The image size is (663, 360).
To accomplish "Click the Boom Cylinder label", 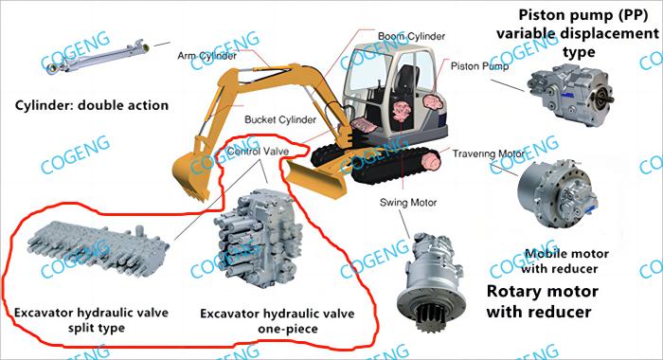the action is pyautogui.click(x=411, y=36).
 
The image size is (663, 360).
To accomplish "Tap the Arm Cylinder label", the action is pyautogui.click(x=206, y=55).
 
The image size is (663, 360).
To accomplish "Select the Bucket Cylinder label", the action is pyautogui.click(x=280, y=119).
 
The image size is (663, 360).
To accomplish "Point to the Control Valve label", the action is pyautogui.click(x=258, y=152).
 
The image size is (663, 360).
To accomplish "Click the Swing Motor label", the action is pyautogui.click(x=408, y=203).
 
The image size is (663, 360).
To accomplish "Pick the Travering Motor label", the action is pyautogui.click(x=489, y=154).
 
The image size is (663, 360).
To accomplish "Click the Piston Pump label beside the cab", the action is pyautogui.click(x=479, y=66).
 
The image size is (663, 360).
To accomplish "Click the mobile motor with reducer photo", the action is pyautogui.click(x=557, y=194).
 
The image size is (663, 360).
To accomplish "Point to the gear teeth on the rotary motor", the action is pyautogui.click(x=430, y=317).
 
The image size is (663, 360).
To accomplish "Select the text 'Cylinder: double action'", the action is pyautogui.click(x=92, y=105).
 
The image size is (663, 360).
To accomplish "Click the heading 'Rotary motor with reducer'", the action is pyautogui.click(x=542, y=301).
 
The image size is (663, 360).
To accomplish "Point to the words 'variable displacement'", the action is pyautogui.click(x=578, y=33).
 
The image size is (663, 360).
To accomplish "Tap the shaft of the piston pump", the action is pyautogui.click(x=608, y=99).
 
